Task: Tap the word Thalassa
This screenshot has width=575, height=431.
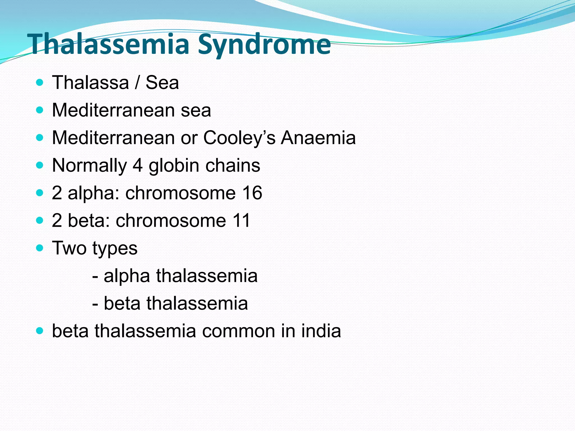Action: tap(90, 83)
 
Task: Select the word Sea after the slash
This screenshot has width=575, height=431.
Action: tap(162, 83)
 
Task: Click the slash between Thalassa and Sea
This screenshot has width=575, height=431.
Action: tap(137, 83)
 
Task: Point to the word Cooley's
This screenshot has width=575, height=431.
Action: tap(239, 138)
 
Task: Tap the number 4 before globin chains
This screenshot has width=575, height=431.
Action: tap(138, 166)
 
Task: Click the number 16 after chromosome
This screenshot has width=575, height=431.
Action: tap(252, 193)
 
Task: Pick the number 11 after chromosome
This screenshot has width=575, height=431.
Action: tap(241, 221)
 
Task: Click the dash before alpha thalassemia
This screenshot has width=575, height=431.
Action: tap(95, 276)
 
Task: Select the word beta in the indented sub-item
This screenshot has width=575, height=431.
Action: tap(122, 303)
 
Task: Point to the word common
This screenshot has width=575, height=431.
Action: tap(238, 331)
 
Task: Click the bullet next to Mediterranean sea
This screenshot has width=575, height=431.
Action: tap(40, 110)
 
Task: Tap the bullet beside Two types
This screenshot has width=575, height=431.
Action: tap(40, 248)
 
